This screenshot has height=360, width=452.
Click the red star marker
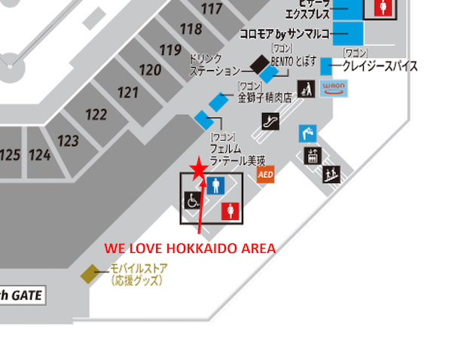pos(198,169)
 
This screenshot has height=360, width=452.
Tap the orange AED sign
pos(265,175)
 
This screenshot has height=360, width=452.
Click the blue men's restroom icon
pos(216,185)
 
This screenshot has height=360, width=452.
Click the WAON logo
pos(332,88)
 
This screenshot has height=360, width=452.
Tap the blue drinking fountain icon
pos(307,134)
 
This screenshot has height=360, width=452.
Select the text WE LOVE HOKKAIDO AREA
pos(189,248)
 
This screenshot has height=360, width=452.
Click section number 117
pos(213,10)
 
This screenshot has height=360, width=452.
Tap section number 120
pos(150,71)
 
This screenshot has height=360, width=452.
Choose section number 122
pos(96,114)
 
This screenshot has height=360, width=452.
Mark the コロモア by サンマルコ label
pos(285,35)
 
